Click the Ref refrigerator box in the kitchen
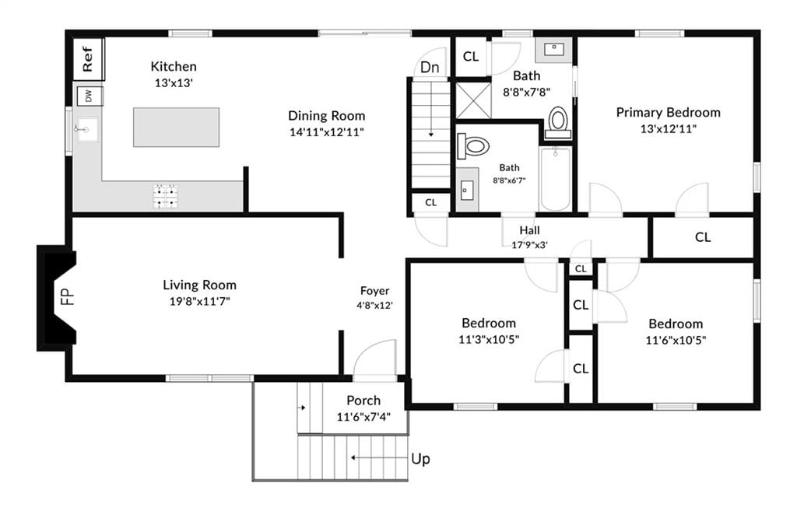[89, 59]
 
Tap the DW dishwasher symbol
[90, 96]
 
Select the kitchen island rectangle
[177, 127]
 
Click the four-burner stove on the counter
[166, 197]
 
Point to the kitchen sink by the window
[86, 130]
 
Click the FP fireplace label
[68, 296]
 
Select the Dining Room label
[326, 116]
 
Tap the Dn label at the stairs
[430, 67]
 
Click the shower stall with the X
[473, 100]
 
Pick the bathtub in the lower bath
[555, 178]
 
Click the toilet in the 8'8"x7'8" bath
[558, 122]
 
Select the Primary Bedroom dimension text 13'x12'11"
[668, 129]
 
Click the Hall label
[529, 230]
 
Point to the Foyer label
[374, 291]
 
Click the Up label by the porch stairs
[420, 459]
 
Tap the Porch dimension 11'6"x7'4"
[363, 418]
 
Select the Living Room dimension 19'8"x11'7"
[200, 302]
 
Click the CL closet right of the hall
[703, 237]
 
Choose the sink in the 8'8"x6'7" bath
[467, 191]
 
